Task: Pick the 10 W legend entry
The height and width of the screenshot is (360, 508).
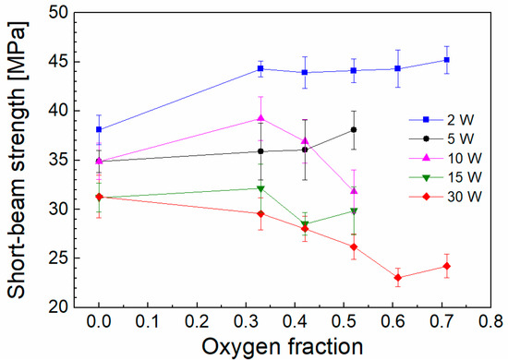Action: [x=445, y=159]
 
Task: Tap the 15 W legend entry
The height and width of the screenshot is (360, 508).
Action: [x=445, y=177]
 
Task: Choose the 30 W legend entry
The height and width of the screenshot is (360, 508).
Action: [x=445, y=197]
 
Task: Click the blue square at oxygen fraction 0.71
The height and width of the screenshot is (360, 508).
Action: [x=446, y=60]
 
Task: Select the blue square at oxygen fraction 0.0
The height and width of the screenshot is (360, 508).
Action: [x=99, y=129]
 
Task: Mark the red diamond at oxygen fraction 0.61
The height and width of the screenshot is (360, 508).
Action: [x=398, y=278]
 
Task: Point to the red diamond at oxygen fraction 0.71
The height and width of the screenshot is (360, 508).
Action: [x=446, y=266]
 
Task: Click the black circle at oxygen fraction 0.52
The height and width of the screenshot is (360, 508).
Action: [x=354, y=130]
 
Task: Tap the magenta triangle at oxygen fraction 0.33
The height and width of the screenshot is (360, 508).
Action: [x=260, y=118]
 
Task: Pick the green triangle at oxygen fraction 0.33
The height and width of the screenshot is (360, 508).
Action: [x=260, y=188]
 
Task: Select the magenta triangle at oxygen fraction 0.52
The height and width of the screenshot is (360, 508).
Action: [x=354, y=191]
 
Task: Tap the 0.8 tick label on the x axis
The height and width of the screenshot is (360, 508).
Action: [x=490, y=322]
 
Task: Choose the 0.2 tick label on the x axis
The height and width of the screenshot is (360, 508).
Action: [x=197, y=322]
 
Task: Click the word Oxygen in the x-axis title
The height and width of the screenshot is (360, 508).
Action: [x=240, y=347]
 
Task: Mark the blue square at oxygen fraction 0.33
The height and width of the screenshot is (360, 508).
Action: [x=260, y=68]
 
